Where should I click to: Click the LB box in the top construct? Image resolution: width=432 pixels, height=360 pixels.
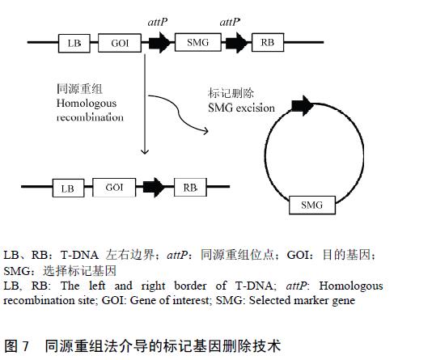pyautogui.click(x=74, y=43)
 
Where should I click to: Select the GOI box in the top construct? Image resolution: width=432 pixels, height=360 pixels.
pyautogui.click(x=120, y=43)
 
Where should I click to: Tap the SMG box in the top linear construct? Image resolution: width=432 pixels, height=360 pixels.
pyautogui.click(x=198, y=42)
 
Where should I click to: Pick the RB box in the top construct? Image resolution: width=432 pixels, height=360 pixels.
pyautogui.click(x=268, y=42)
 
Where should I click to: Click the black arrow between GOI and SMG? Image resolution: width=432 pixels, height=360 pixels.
pyautogui.click(x=159, y=43)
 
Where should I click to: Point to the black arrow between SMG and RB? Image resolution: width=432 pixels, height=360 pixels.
pyautogui.click(x=236, y=43)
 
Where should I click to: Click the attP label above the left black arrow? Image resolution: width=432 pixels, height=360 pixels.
pyautogui.click(x=157, y=22)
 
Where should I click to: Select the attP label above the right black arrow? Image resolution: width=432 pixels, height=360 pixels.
pyautogui.click(x=230, y=22)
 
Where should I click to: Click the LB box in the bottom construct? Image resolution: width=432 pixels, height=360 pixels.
pyautogui.click(x=68, y=188)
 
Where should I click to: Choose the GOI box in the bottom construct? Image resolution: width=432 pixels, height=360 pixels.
pyautogui.click(x=114, y=188)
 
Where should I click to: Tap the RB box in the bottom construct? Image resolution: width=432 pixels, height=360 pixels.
pyautogui.click(x=190, y=188)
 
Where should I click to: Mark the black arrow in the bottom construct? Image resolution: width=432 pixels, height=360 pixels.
pyautogui.click(x=154, y=188)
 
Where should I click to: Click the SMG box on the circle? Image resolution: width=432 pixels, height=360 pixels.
pyautogui.click(x=312, y=205)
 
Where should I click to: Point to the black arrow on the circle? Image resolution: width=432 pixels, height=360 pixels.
pyautogui.click(x=303, y=106)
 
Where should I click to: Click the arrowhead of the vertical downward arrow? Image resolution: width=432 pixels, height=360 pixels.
pyautogui.click(x=145, y=152)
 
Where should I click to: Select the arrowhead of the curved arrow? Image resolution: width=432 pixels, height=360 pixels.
pyautogui.click(x=206, y=131)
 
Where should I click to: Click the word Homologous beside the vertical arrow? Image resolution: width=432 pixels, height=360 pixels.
pyautogui.click(x=87, y=104)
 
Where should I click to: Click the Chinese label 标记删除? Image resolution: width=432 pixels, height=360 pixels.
pyautogui.click(x=231, y=93)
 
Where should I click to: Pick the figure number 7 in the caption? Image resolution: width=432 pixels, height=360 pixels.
pyautogui.click(x=25, y=345)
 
